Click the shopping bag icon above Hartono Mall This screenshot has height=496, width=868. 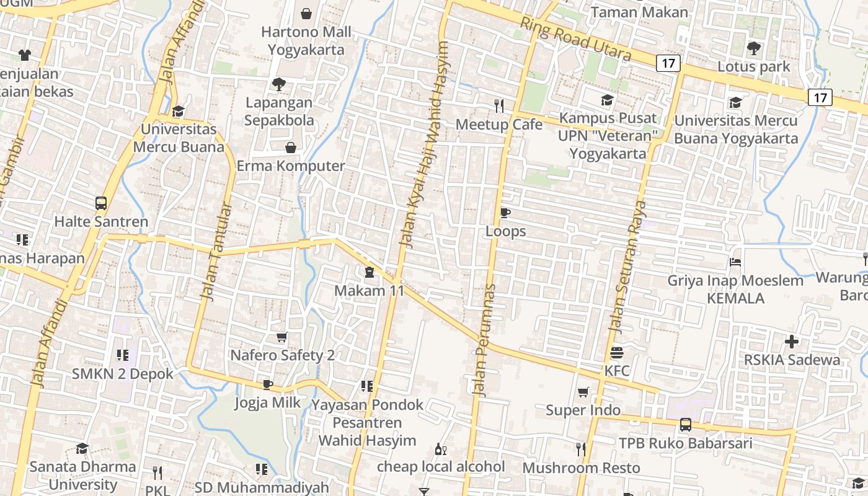pos(306,13)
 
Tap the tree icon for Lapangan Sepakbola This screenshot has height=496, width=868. pos(279,84)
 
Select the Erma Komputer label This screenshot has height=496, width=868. pos(291,166)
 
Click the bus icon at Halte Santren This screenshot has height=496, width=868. pos(101,203)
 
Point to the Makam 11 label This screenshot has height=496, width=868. pos(369,290)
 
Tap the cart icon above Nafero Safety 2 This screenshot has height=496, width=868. pos(282,337)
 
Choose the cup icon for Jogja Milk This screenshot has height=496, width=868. pos(268,384)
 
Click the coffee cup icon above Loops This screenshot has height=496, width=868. pos(505,213)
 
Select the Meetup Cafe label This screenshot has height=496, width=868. pos(498,125)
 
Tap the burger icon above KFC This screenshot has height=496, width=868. pos(616,353)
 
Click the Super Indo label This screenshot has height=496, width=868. pos(583,410)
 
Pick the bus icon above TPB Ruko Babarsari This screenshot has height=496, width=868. pos(685,425)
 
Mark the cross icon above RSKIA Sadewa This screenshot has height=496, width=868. pos(792,341)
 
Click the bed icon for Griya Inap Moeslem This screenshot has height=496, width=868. pos(735,262)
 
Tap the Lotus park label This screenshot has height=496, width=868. pos(753,66)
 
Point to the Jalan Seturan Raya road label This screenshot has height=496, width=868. pos(627,267)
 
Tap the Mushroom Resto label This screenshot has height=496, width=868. pos(580,467)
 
